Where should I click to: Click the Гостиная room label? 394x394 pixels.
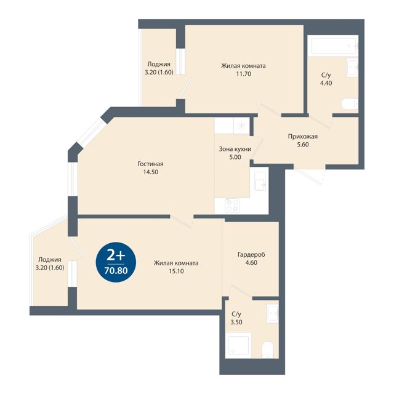click(x=150, y=164)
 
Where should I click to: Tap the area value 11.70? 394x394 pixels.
click(x=244, y=74)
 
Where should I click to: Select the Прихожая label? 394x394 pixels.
click(x=303, y=137)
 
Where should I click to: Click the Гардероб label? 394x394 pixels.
click(x=251, y=255)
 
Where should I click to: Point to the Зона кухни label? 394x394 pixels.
click(x=235, y=149)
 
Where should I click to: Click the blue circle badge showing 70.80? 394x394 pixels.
click(x=116, y=262)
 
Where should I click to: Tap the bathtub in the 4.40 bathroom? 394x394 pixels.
click(x=333, y=46)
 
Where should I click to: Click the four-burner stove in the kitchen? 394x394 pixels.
click(x=232, y=205)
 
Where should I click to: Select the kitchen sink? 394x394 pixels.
click(x=260, y=181)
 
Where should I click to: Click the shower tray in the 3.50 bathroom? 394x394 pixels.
click(x=238, y=345)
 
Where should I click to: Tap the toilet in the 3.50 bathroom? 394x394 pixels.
click(x=267, y=350)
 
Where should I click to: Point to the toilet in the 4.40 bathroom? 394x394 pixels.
click(x=350, y=104)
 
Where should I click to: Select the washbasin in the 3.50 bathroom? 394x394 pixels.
click(x=272, y=313)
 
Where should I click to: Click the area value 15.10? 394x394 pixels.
click(x=176, y=271)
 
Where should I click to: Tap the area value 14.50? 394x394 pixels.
click(x=150, y=172)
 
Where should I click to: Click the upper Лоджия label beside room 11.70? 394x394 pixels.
click(x=159, y=64)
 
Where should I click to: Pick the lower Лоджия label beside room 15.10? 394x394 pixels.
click(x=50, y=260)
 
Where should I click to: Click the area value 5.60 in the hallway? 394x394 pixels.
click(x=303, y=145)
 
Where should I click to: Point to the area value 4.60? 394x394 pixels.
click(x=251, y=263)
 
